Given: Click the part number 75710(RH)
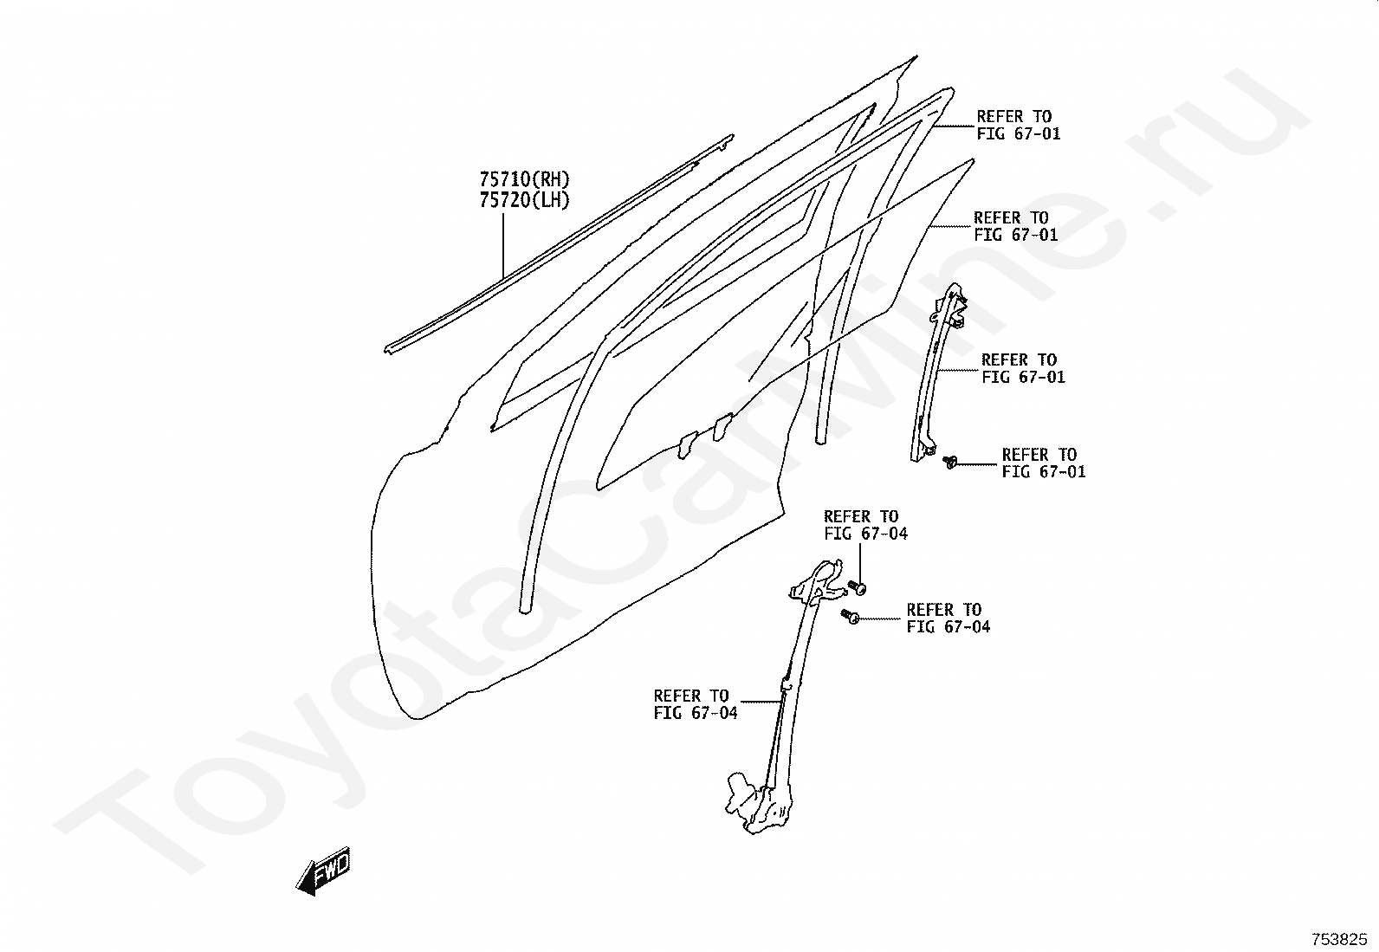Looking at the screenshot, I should pyautogui.click(x=524, y=180).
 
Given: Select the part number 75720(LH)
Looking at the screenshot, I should pyautogui.click(x=524, y=200).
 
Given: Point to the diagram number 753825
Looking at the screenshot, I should pyautogui.click(x=1338, y=938).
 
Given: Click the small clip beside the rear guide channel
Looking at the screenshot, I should pyautogui.click(x=950, y=462).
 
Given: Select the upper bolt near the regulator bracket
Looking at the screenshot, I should pyautogui.click(x=858, y=587).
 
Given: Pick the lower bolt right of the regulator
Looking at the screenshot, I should pyautogui.click(x=850, y=616).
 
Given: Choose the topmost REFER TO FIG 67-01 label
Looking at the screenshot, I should pyautogui.click(x=1018, y=125).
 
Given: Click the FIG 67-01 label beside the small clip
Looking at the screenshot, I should pyautogui.click(x=1043, y=463).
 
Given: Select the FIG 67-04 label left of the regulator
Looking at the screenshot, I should pyautogui.click(x=695, y=704).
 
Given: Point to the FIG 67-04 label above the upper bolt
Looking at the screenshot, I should pyautogui.click(x=864, y=525).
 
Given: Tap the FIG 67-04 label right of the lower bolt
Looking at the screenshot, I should pyautogui.click(x=948, y=618).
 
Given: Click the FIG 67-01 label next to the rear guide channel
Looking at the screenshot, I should pyautogui.click(x=1022, y=368).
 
